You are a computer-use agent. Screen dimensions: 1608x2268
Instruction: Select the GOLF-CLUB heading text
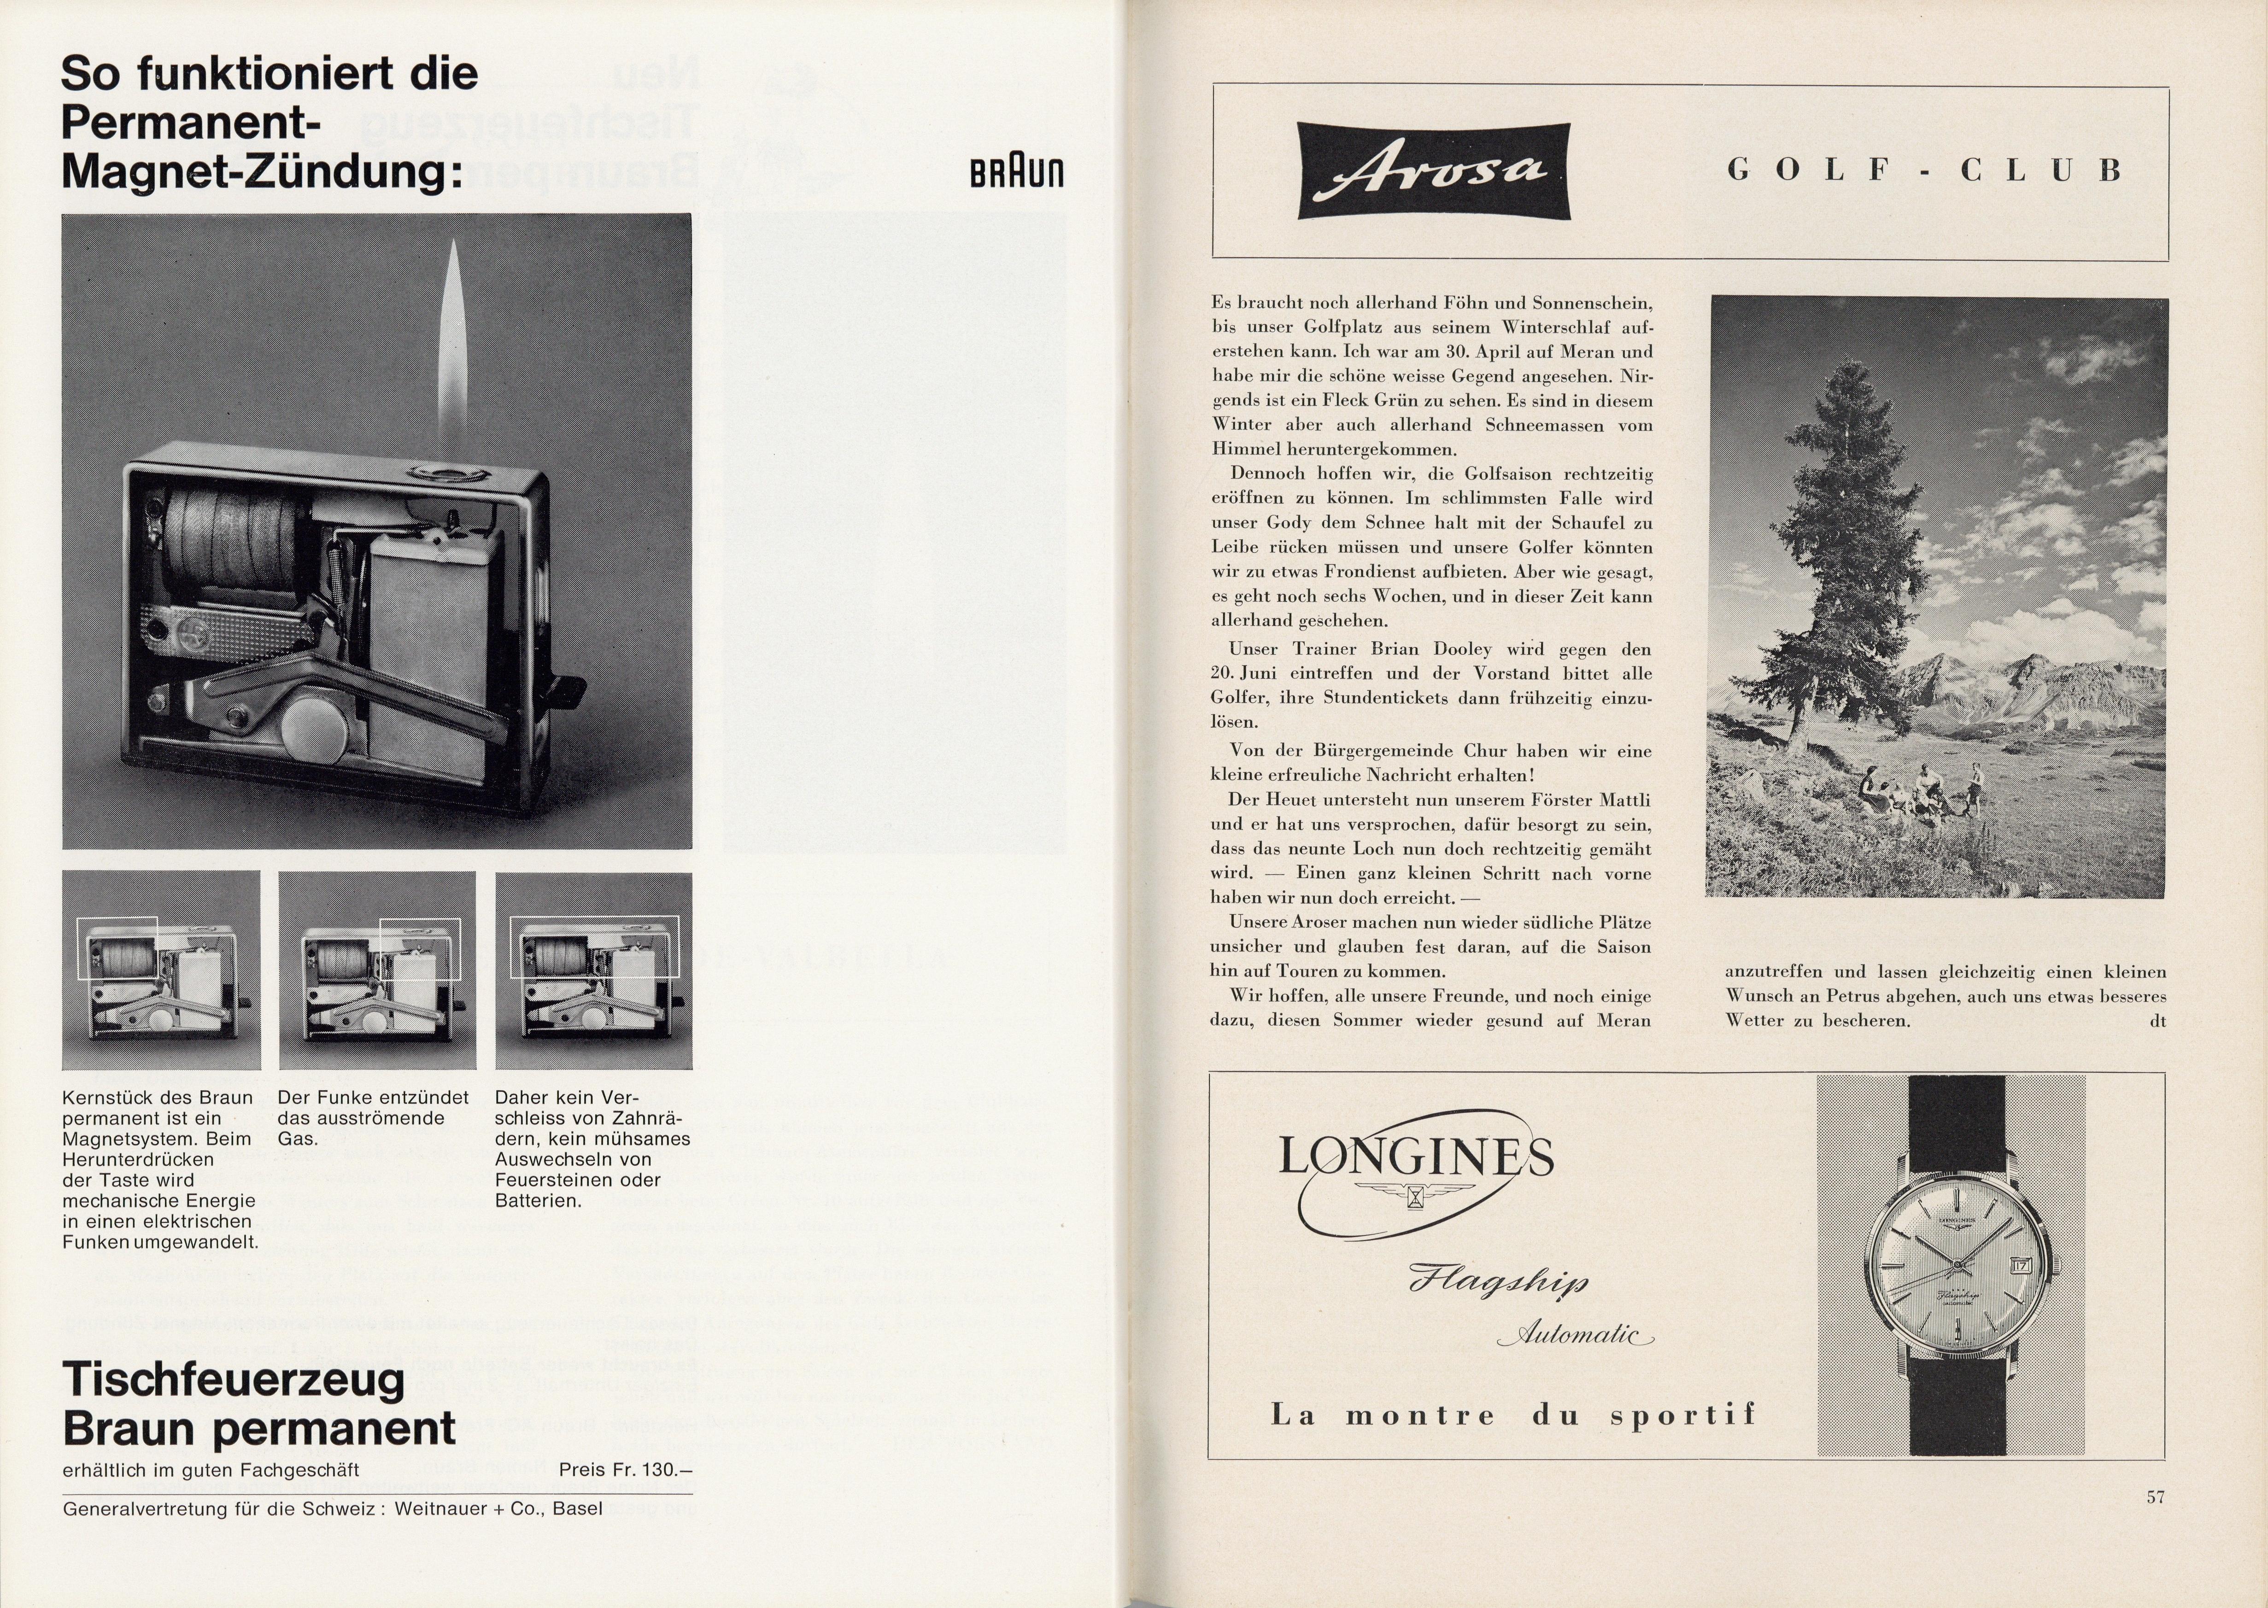click(x=1923, y=170)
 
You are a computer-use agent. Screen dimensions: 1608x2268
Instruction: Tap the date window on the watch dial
click(x=2019, y=1265)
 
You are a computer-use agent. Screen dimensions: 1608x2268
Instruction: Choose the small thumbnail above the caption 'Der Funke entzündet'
click(x=377, y=971)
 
